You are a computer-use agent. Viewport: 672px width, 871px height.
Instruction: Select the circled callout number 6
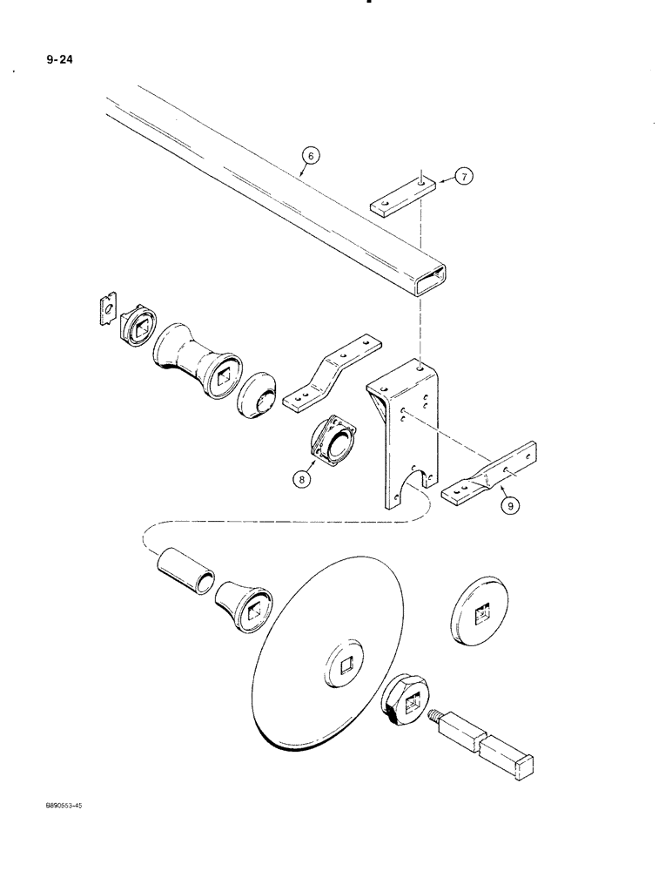[x=311, y=156]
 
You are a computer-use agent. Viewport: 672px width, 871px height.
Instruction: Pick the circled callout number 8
[x=300, y=476]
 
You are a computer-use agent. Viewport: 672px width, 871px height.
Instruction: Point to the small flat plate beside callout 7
[x=401, y=196]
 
